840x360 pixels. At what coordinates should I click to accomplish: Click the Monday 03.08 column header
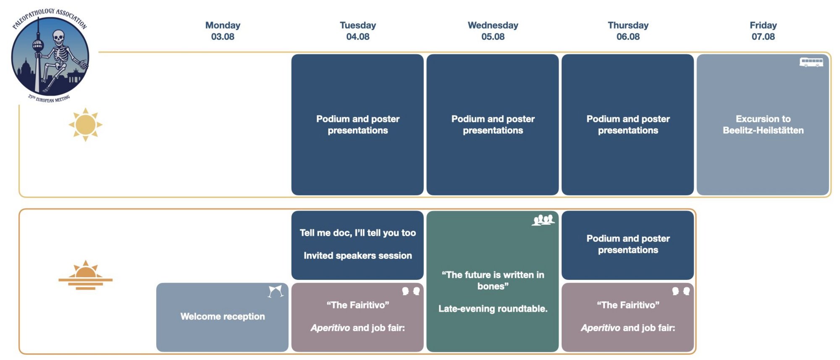pyautogui.click(x=223, y=31)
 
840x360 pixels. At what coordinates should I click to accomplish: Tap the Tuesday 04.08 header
pyautogui.click(x=358, y=31)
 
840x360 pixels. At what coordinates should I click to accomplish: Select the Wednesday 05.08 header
pyautogui.click(x=493, y=31)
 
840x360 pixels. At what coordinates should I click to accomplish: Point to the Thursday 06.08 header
pyautogui.click(x=628, y=31)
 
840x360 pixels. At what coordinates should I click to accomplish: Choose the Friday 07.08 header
pyautogui.click(x=763, y=31)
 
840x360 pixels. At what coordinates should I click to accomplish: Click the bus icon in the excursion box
pyautogui.click(x=811, y=62)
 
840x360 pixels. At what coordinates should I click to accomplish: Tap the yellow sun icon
pyautogui.click(x=86, y=125)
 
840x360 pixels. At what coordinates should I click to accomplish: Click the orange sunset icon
pyautogui.click(x=86, y=275)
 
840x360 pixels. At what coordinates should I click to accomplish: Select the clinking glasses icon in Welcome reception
pyautogui.click(x=276, y=291)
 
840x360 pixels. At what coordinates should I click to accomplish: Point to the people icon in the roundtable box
pyautogui.click(x=543, y=220)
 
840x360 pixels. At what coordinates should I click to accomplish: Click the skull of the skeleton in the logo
pyautogui.click(x=58, y=37)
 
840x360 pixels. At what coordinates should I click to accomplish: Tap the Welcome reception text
pyautogui.click(x=223, y=316)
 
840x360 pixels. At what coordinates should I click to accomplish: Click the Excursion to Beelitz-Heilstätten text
pyautogui.click(x=763, y=125)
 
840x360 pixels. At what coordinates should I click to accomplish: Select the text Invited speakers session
pyautogui.click(x=358, y=255)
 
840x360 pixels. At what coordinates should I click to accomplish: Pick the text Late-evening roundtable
pyautogui.click(x=493, y=309)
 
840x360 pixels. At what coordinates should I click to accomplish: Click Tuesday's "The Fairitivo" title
pyautogui.click(x=358, y=305)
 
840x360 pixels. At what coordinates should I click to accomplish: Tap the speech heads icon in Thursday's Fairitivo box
pyautogui.click(x=681, y=291)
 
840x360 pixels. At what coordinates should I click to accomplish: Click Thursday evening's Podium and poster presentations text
pyautogui.click(x=628, y=244)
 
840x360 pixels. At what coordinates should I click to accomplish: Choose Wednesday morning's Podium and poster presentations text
pyautogui.click(x=493, y=125)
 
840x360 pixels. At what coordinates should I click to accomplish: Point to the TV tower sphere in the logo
pyautogui.click(x=38, y=45)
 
